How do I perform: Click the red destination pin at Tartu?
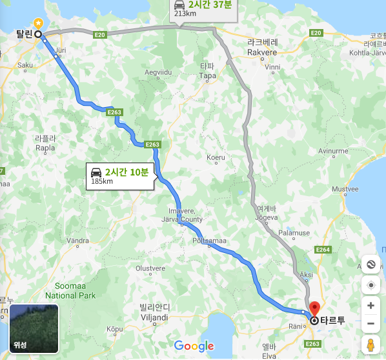tap(314, 308)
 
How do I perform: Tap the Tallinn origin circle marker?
tap(38, 34)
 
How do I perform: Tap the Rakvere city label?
tap(262, 51)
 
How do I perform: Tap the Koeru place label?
tap(216, 157)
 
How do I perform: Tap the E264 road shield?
tap(323, 250)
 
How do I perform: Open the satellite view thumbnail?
tap(34, 328)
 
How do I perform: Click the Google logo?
tap(194, 346)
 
